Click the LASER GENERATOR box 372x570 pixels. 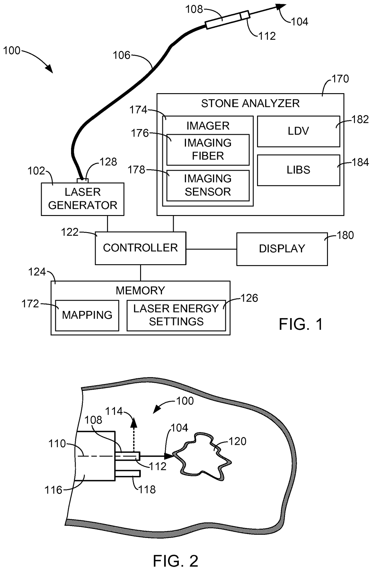pyautogui.click(x=82, y=199)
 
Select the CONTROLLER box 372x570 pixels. pyautogui.click(x=140, y=248)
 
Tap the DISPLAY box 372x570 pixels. pyautogui.click(x=282, y=249)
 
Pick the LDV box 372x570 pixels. pyautogui.click(x=298, y=131)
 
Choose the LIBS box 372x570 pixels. pyautogui.click(x=298, y=170)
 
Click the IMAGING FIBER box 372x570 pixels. pyautogui.click(x=208, y=150)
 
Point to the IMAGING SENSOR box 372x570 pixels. pyautogui.click(x=208, y=185)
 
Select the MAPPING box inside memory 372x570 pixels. pyautogui.click(x=87, y=315)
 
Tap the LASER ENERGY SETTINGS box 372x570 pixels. pyautogui.click(x=176, y=315)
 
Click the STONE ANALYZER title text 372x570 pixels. pyautogui.click(x=250, y=103)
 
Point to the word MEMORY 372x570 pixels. pyautogui.click(x=140, y=291)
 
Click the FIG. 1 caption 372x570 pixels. pyautogui.click(x=301, y=324)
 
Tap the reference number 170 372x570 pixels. pyautogui.click(x=340, y=79)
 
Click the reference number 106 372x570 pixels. pyautogui.click(x=122, y=55)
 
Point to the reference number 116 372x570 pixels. pyautogui.click(x=53, y=490)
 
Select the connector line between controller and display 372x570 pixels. pyautogui.click(x=211, y=249)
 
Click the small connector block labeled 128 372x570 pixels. pyautogui.click(x=82, y=181)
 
